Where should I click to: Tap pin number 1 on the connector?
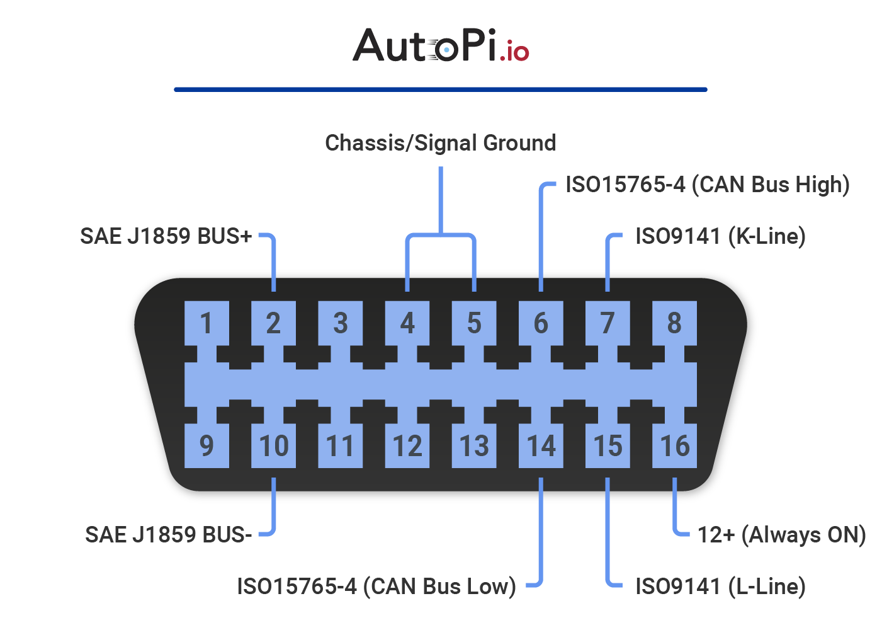tap(206, 323)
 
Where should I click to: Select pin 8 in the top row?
tap(674, 323)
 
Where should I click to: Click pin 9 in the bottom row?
tap(206, 445)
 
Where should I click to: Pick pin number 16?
tap(674, 445)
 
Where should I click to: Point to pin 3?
tap(340, 323)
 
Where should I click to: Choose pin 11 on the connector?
tap(340, 445)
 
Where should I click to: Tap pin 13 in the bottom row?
tap(474, 445)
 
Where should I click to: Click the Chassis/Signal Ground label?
tap(441, 143)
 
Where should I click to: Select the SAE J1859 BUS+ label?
tap(166, 236)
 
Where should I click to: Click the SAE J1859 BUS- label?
tap(169, 535)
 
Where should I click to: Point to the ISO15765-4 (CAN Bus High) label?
tap(708, 185)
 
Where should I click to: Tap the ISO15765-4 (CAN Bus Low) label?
tap(376, 587)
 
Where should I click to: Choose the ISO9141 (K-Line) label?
tap(721, 236)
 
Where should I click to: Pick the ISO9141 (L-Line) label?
tap(721, 587)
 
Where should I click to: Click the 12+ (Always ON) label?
tap(782, 535)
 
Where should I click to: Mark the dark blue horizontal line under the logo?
tap(441, 89)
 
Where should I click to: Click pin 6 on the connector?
tap(541, 323)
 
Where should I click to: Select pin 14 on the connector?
tap(541, 445)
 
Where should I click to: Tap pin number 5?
tap(474, 323)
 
